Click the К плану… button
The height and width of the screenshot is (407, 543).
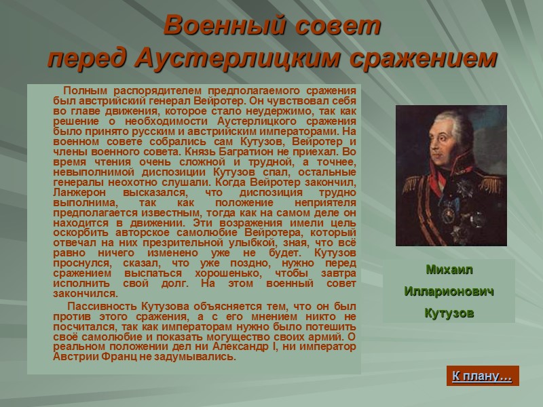tap(482, 376)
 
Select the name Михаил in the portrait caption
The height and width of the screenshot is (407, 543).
tap(448, 269)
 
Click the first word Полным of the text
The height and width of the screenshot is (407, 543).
tap(85, 91)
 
